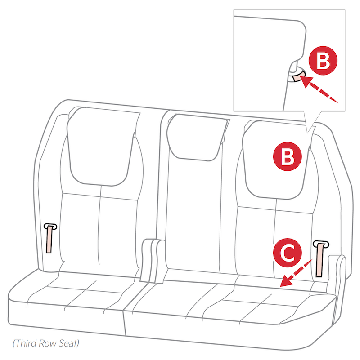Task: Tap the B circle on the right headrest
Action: pos(287,157)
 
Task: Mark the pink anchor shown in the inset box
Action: pos(297,78)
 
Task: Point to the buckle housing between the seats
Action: pos(152,261)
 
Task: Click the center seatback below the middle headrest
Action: pos(198,211)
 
